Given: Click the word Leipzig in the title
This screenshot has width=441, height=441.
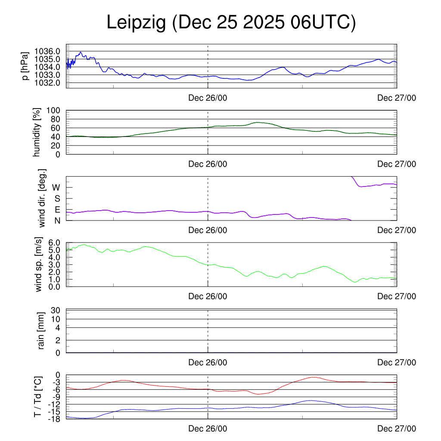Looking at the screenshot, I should click(x=136, y=23).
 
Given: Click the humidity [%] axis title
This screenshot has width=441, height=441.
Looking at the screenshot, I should click(x=37, y=132).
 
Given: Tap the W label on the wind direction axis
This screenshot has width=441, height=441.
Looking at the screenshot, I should click(x=56, y=187).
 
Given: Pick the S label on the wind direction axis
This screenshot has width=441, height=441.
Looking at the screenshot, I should click(x=57, y=199).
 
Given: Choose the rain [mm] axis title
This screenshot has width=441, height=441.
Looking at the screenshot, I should click(x=41, y=331).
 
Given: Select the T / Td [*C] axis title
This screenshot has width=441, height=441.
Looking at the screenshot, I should click(x=38, y=397).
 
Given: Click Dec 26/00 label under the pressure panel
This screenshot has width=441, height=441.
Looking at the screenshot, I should click(x=208, y=98).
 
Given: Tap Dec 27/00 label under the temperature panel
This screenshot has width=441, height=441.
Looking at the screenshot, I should click(x=397, y=429).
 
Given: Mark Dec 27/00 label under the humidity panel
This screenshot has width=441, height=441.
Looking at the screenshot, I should click(x=397, y=164).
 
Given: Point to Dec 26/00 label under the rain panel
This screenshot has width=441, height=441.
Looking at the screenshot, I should click(x=208, y=363).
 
